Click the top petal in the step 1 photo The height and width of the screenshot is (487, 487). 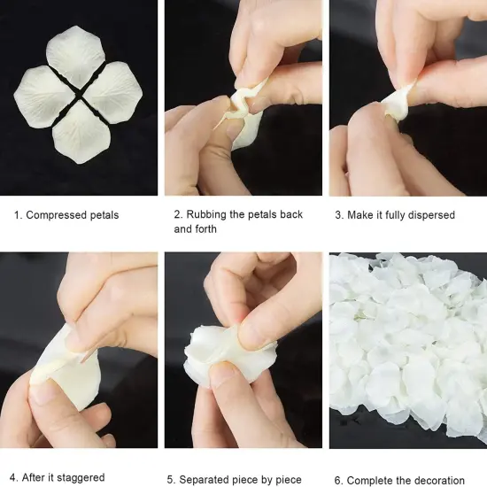coord(77,52)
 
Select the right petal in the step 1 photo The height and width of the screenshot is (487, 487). coord(113,92)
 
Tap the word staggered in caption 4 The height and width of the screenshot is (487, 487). coord(82,479)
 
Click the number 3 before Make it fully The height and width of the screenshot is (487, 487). coord(337,215)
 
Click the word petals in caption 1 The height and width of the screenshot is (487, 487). coord(102,215)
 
